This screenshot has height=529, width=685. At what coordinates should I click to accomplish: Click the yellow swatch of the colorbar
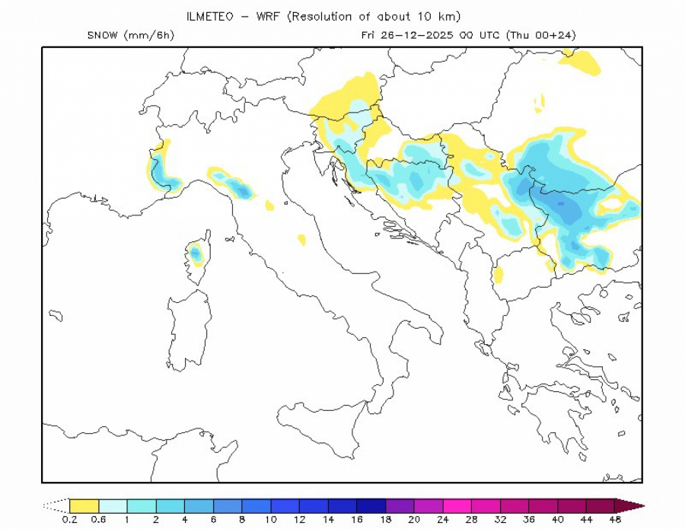click(x=84, y=505)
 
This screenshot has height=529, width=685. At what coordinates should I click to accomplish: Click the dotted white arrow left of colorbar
click(x=56, y=505)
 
